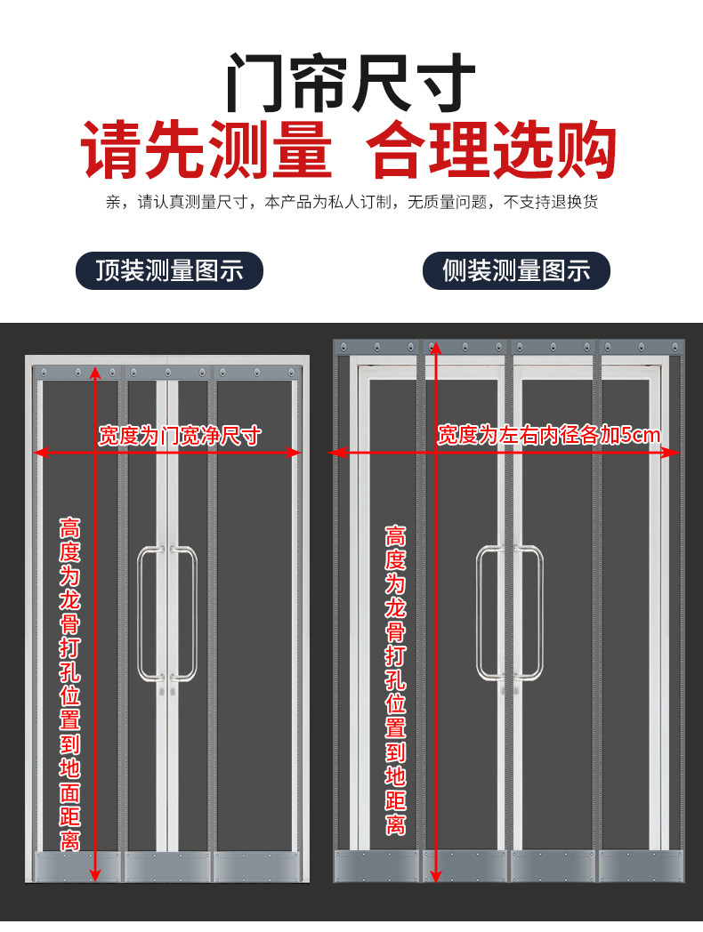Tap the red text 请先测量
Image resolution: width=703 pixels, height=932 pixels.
207,152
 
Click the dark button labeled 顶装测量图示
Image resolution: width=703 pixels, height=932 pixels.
169,270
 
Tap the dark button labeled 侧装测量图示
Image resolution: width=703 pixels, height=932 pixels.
516,270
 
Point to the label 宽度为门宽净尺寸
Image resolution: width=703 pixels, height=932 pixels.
180,435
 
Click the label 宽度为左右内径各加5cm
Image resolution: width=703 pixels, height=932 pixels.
548,435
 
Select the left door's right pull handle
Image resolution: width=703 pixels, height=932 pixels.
189,614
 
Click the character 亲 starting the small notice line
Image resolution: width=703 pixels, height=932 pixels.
112,202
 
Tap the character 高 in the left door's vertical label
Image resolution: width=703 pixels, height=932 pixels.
70,526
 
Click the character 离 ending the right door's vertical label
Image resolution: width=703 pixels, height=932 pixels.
396,824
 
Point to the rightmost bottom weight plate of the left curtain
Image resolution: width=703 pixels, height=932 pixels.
255,866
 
